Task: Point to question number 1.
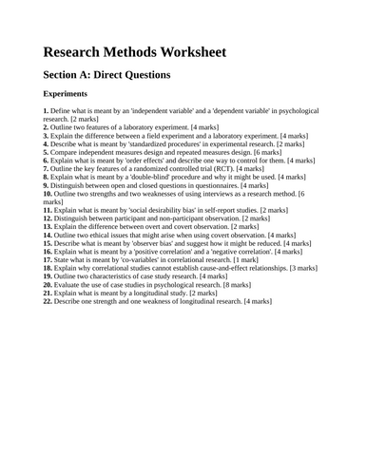pos(45,112)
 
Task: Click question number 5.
pos(45,151)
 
